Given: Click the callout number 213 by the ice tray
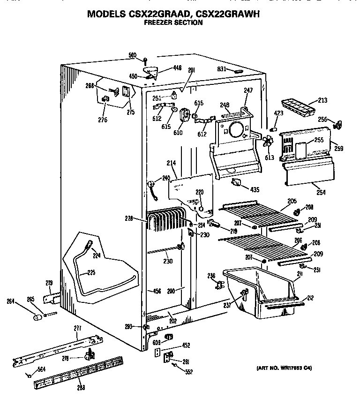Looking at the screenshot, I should pyautogui.click(x=322, y=100).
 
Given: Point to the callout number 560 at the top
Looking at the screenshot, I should pyautogui.click(x=133, y=55).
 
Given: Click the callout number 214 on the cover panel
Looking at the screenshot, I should pyautogui.click(x=171, y=163).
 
